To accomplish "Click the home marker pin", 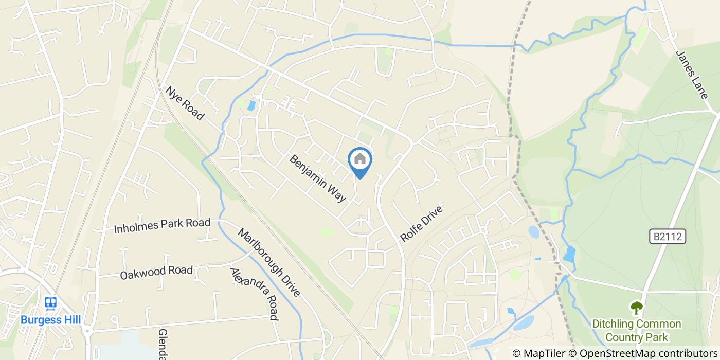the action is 360,160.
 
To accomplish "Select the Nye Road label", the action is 184,103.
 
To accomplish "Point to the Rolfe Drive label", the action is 421,224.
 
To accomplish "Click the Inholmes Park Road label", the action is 162,225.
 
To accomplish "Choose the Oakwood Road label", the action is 156,272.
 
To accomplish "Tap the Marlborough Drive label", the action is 268,262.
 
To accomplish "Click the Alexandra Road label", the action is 254,293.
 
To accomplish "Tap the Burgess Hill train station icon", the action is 50,303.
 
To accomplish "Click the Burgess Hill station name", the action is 50,320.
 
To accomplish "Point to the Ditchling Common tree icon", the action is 637,308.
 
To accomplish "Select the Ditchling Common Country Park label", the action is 637,331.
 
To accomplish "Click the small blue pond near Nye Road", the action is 251,106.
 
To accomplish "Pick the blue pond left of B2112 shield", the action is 569,254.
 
